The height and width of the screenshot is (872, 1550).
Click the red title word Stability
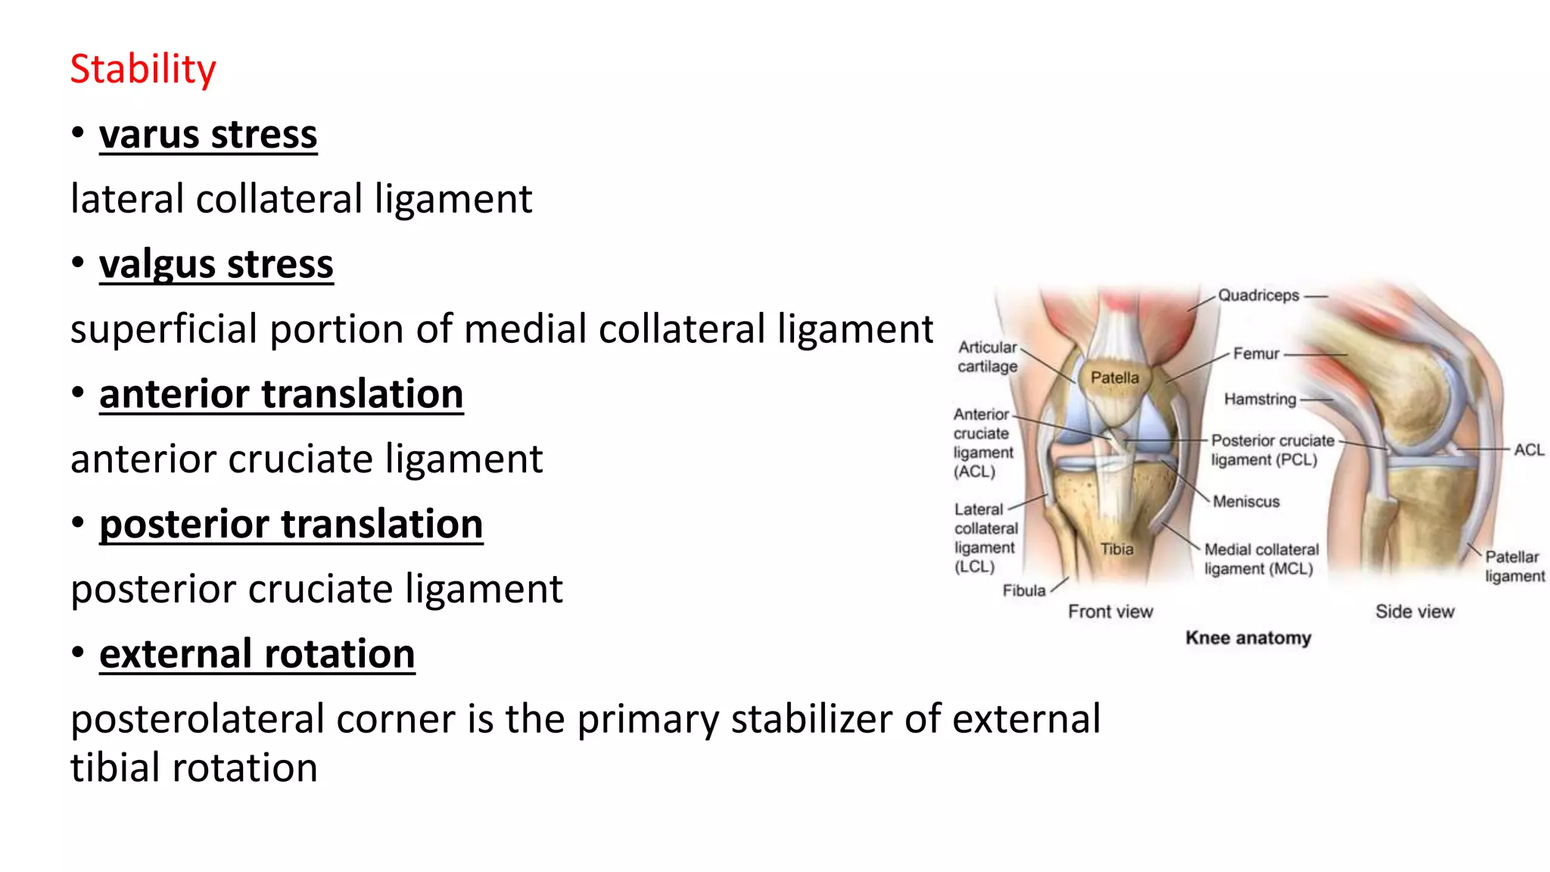(x=143, y=69)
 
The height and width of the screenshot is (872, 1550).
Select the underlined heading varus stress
(x=208, y=135)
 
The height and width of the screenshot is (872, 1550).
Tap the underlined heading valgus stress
(x=216, y=265)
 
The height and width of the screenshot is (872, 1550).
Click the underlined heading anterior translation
(x=281, y=394)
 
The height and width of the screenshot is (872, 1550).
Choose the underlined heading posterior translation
(x=291, y=525)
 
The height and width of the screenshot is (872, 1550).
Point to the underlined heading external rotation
(x=257, y=654)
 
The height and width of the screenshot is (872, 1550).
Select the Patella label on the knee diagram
(x=1114, y=378)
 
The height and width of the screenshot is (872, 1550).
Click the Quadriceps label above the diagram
(x=1258, y=295)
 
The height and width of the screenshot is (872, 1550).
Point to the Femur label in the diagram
(x=1256, y=353)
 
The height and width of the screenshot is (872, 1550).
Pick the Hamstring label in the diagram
(x=1259, y=399)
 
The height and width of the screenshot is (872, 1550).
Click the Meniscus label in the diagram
(x=1246, y=501)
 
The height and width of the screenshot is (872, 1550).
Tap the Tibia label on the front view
(x=1116, y=549)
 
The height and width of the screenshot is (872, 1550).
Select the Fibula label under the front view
(x=1023, y=590)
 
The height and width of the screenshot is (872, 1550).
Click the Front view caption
(x=1110, y=612)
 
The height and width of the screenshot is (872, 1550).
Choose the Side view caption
(x=1414, y=612)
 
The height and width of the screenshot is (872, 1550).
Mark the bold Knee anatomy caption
(x=1247, y=638)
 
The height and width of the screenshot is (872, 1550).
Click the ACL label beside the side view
(x=1528, y=450)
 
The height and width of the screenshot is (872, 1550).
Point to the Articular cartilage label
(x=987, y=357)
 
